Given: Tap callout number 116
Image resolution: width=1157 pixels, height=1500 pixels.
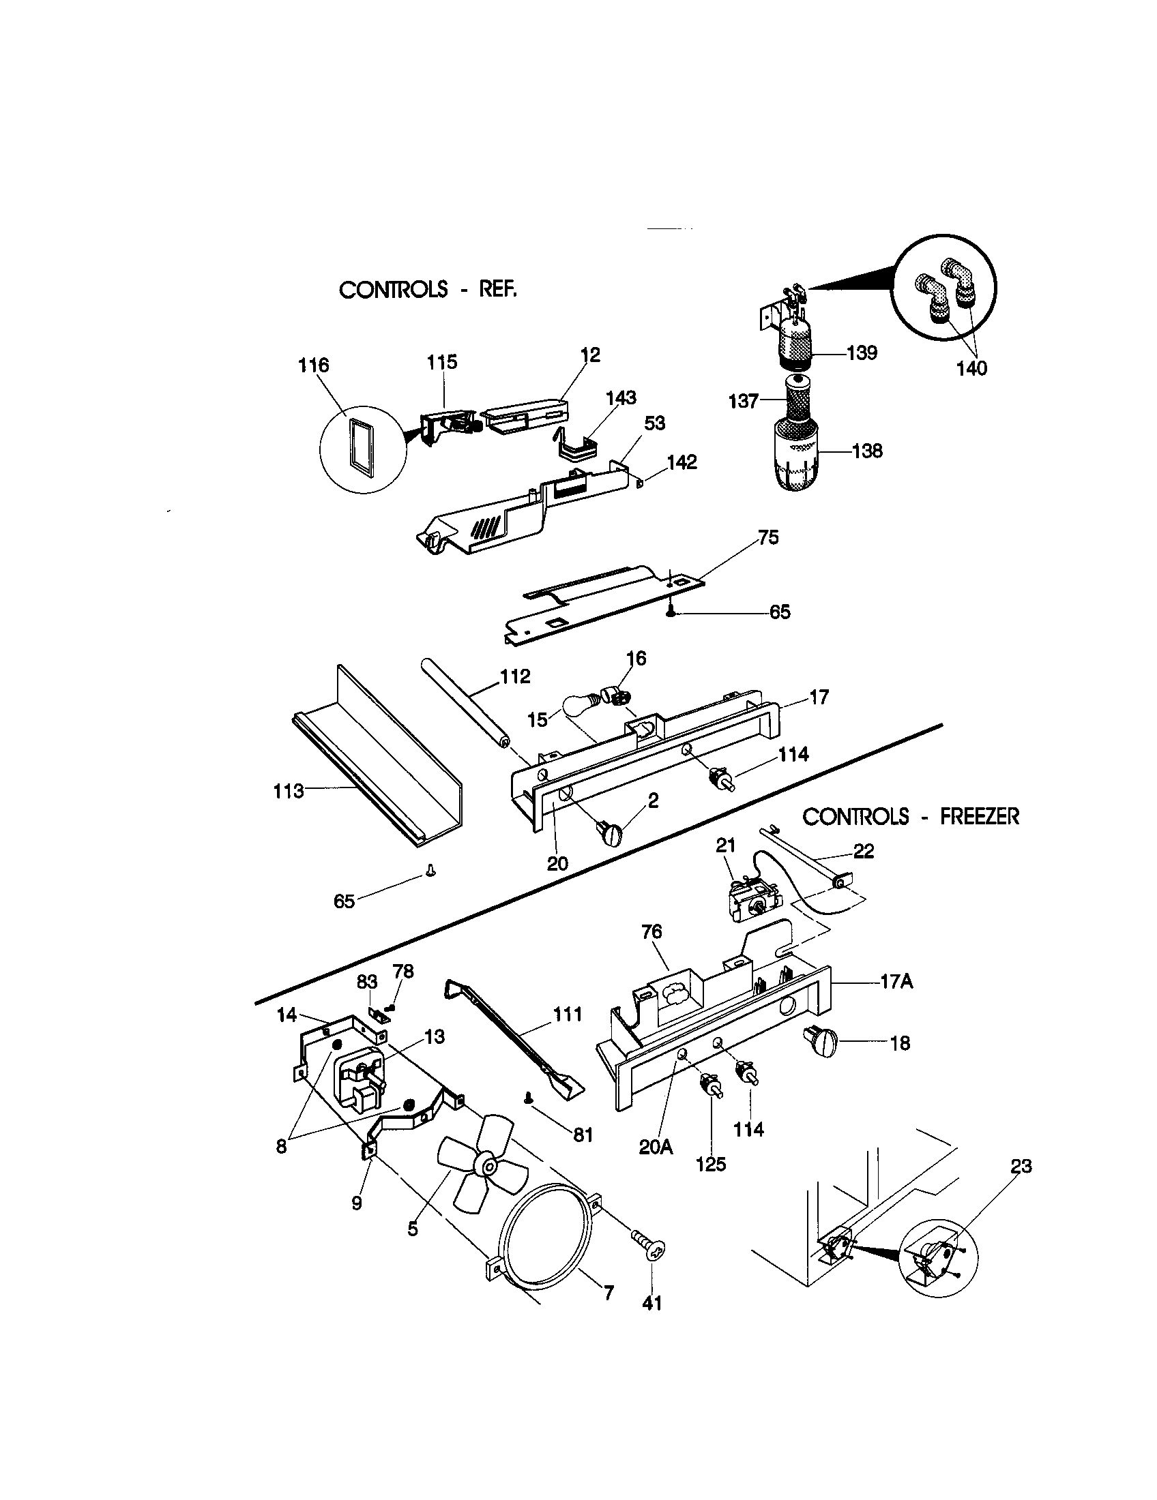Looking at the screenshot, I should pos(313,365).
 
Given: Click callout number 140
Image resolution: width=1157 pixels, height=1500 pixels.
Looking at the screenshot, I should pos(971,368).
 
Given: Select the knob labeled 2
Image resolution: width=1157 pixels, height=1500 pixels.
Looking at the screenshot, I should pos(609,835).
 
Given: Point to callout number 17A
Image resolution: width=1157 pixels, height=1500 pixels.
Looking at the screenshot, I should pos(896,982).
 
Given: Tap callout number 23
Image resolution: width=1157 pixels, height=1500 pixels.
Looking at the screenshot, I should pos(1021,1166).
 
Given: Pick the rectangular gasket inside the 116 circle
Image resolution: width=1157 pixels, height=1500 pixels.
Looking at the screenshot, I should pos(362,448).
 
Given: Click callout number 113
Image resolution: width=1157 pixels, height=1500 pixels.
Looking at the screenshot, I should pos(288,791).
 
